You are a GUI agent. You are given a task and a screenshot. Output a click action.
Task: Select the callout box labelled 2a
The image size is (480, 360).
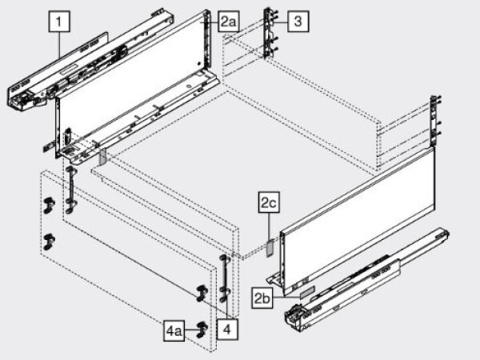230,22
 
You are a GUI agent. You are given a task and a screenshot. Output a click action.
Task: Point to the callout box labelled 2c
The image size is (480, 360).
268,204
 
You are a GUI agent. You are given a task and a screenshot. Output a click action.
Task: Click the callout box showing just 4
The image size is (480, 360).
228,328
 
